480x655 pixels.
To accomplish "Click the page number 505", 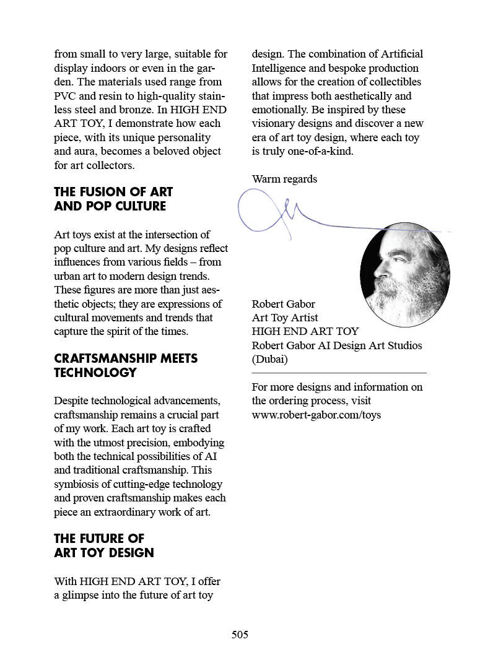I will (x=240, y=635).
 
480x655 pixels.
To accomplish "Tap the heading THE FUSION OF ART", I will (x=113, y=192).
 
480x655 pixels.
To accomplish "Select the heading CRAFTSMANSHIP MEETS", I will (x=126, y=358).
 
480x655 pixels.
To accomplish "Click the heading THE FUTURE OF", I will (x=99, y=539).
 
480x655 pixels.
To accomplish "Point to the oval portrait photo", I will (x=404, y=275).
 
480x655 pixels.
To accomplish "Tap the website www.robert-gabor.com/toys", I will (x=316, y=415).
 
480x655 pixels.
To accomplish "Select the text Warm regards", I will (x=284, y=179).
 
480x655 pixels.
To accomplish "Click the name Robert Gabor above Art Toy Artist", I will (x=283, y=304).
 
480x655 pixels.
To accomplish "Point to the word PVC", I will (x=64, y=96).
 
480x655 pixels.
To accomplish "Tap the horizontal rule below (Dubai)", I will (x=339, y=373).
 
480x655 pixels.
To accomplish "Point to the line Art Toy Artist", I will (x=285, y=318).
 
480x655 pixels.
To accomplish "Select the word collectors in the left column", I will (x=110, y=165).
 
